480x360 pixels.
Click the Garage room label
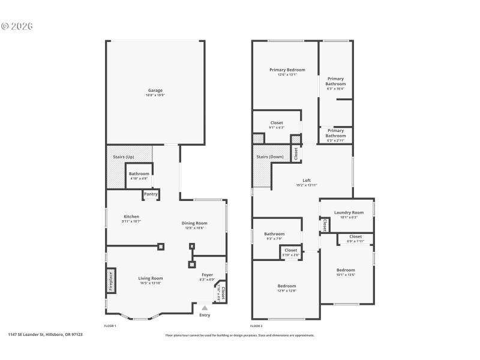[155, 91]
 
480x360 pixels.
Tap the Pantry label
[151, 194]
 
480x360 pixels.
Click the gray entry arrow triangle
[205, 307]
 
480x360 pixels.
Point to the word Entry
[205, 315]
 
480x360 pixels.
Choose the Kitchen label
[131, 217]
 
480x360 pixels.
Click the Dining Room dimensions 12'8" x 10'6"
[194, 228]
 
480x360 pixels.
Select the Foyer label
[206, 274]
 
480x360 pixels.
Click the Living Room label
[151, 278]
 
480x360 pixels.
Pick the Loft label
[306, 181]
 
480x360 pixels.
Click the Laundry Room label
[349, 212]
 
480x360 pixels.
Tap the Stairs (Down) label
[270, 157]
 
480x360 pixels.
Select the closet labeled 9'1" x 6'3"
[277, 125]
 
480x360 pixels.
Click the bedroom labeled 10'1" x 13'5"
[346, 272]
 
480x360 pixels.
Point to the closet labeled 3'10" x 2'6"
[291, 252]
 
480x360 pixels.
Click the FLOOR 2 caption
[256, 325]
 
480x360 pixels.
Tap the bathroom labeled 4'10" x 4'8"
[139, 176]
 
